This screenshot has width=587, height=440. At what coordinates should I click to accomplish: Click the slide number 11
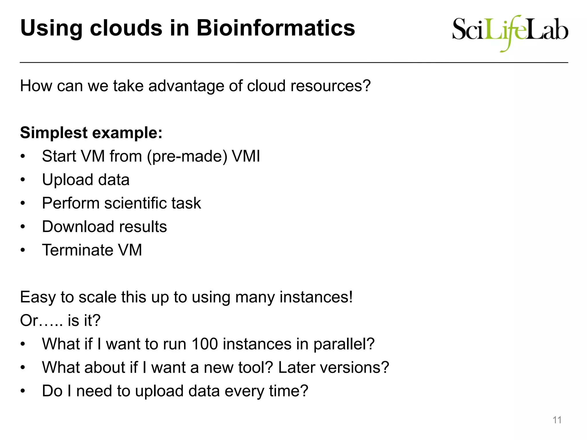(557, 420)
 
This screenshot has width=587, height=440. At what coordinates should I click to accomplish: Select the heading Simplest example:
(91, 133)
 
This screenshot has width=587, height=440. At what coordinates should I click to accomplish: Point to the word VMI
(246, 156)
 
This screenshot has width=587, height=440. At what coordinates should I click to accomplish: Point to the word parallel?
(344, 344)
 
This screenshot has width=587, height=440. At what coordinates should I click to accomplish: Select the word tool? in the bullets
(253, 367)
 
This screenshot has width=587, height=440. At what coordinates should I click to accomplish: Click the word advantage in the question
(186, 86)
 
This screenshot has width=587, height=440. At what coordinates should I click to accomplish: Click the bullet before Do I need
(23, 391)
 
